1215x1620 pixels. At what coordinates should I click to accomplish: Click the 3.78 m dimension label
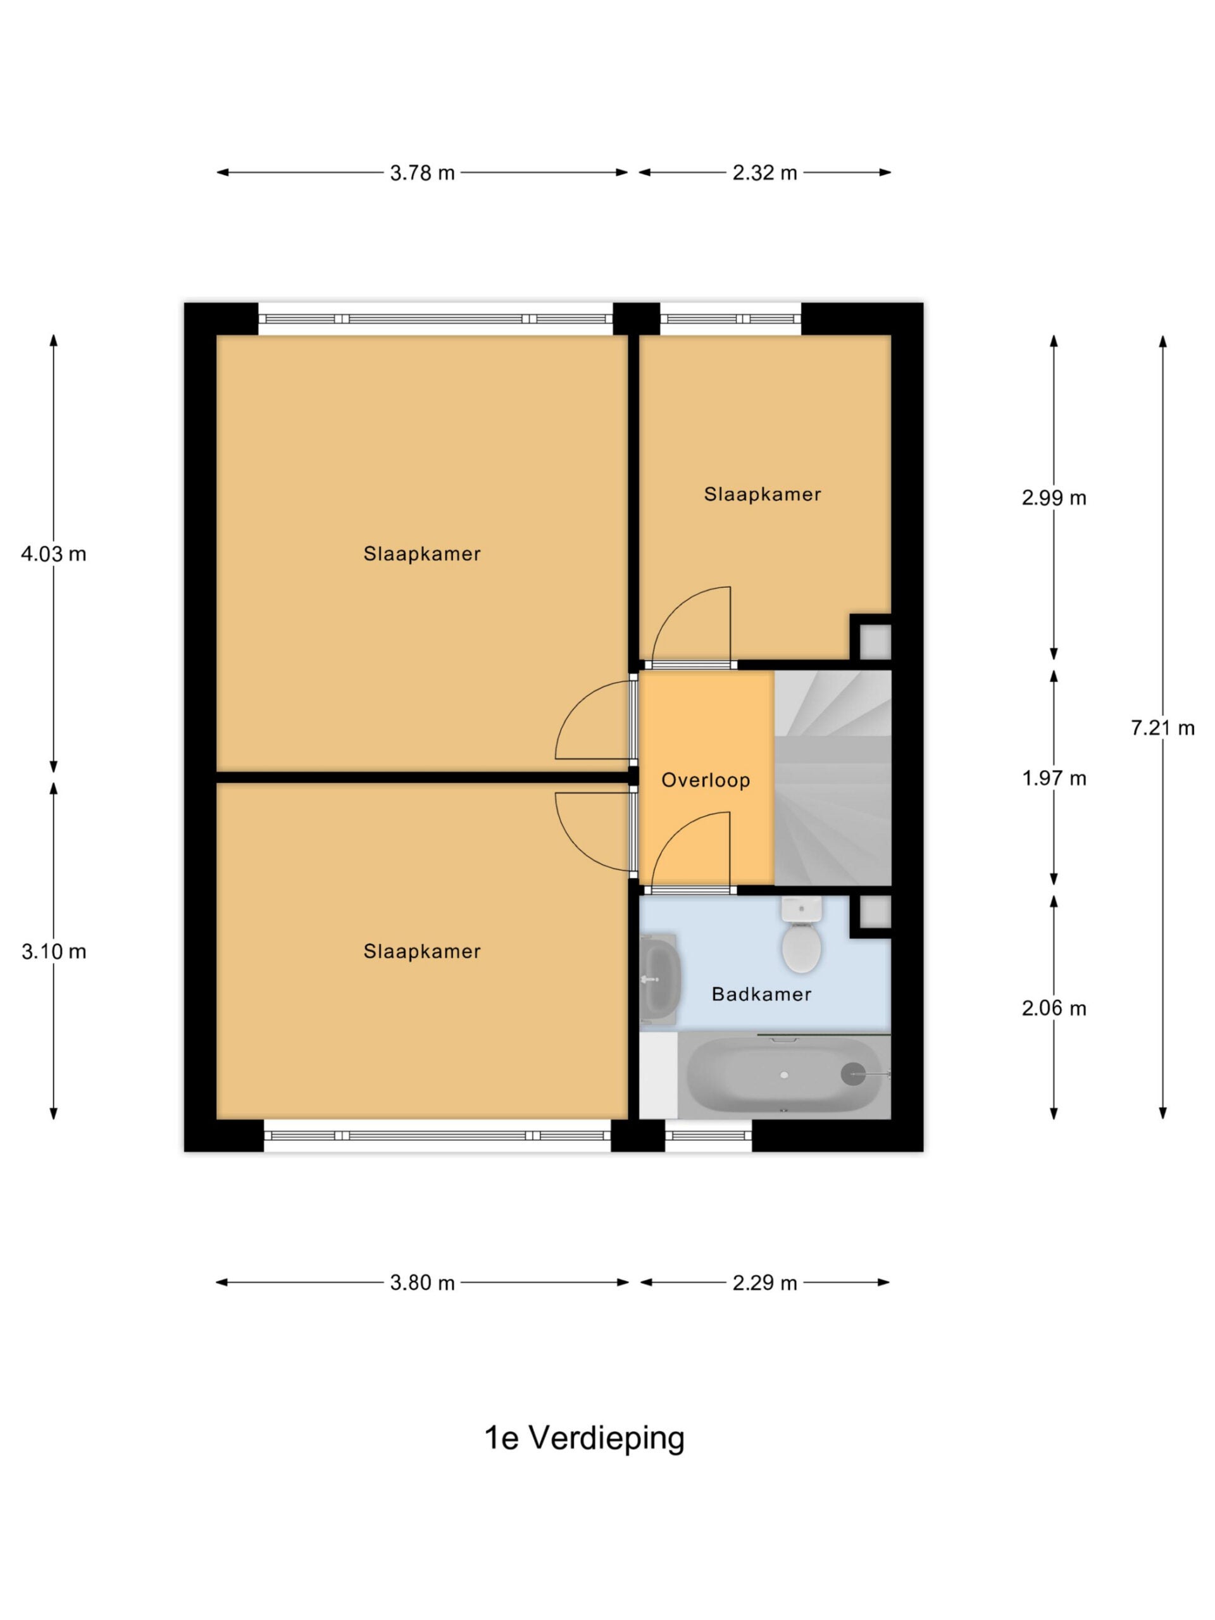tap(422, 173)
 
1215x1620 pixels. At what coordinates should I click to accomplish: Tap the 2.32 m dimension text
tap(764, 173)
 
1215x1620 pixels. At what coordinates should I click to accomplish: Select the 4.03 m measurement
tap(53, 554)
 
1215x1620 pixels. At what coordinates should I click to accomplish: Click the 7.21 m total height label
tap(1162, 727)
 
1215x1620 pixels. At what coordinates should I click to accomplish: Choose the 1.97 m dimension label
tap(1054, 778)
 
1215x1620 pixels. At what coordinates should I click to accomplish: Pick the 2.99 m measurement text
tap(1054, 498)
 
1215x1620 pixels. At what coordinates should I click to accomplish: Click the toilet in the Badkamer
tap(801, 935)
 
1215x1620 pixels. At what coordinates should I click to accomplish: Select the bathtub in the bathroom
tap(783, 1075)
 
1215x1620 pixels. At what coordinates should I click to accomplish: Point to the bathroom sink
tap(661, 979)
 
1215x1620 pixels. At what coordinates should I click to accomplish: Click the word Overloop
tap(706, 780)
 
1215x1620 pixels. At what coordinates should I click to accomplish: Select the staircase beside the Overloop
tap(833, 778)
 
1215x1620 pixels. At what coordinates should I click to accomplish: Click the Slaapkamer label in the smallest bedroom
tap(763, 494)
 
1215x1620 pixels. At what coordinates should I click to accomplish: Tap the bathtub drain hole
tap(784, 1075)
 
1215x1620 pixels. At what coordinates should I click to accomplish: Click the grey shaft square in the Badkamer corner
tap(875, 913)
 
